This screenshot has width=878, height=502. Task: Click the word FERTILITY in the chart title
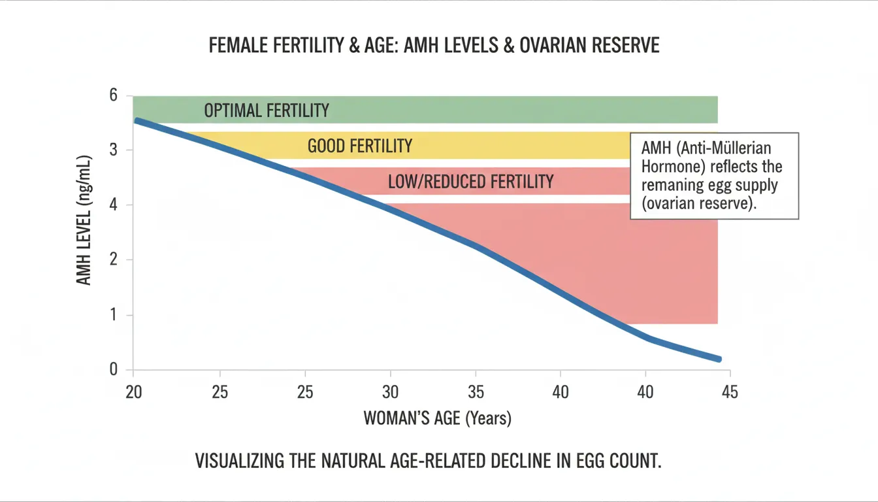click(x=308, y=45)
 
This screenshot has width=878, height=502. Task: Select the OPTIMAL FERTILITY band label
click(x=267, y=110)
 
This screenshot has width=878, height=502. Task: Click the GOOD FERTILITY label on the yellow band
click(x=360, y=146)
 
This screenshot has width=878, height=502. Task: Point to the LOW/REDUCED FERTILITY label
click(x=471, y=182)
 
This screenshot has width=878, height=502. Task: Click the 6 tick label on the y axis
click(x=113, y=95)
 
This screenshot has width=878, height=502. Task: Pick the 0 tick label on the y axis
click(x=113, y=369)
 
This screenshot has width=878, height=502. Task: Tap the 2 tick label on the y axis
click(x=113, y=259)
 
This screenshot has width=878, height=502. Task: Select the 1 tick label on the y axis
click(x=114, y=314)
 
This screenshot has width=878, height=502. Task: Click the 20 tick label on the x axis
click(x=134, y=392)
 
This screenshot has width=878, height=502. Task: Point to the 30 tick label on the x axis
click(x=391, y=392)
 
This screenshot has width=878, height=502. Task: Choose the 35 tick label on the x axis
click(x=476, y=392)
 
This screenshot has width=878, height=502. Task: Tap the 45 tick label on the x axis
click(x=730, y=392)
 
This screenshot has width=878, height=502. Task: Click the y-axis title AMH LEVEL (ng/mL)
click(x=84, y=220)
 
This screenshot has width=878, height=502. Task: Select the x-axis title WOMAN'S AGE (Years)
click(x=438, y=418)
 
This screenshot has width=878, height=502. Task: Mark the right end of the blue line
click(x=719, y=360)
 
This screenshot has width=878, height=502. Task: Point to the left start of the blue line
click(x=137, y=121)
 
